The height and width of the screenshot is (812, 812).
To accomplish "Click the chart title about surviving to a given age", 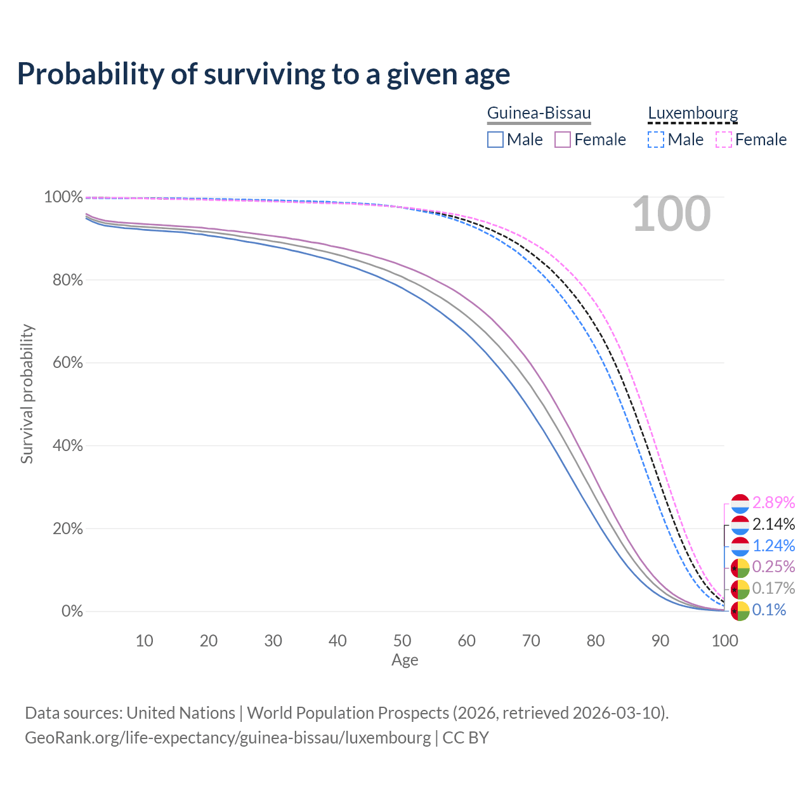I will pos(263,74).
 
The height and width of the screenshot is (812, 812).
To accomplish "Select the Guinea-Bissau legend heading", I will pos(539,114).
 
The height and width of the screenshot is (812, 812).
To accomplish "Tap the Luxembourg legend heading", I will pos(693,114).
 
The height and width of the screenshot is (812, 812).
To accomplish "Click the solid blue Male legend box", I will pos(495,140).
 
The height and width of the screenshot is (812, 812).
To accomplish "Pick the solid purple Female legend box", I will pos(563,140).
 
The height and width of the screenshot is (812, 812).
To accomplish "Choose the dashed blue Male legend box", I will pos(656,140).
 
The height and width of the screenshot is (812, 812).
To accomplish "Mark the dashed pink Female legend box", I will pos(724,140).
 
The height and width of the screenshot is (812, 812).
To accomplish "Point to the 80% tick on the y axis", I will pos(67,280).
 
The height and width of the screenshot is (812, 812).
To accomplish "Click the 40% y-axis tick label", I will pos(67,445).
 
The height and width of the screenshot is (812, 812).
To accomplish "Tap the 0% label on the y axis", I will pos(72,611).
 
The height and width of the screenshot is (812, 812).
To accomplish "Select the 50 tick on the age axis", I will pos(402,641).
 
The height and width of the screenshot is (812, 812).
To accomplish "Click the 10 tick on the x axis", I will pos(145,641).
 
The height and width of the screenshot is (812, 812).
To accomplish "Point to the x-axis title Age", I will pos(405,660).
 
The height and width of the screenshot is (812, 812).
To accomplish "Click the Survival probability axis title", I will pos(27,394).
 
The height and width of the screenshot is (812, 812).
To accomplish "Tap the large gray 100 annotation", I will pos(671,214).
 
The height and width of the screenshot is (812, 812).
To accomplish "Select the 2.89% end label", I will pos(773,503).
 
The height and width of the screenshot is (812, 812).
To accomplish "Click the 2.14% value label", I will pos(773,525).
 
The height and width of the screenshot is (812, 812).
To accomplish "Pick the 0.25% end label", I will pos(773,566).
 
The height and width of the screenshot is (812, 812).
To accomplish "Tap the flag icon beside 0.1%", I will pos(740,611).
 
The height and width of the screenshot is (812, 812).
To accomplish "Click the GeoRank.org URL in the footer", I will pos(228,738).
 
